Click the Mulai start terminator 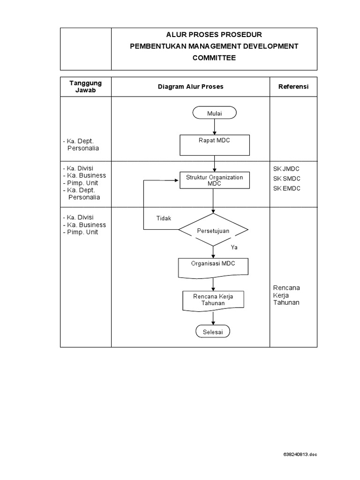pos(214,113)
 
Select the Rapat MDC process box pos(214,145)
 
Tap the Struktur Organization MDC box pos(214,180)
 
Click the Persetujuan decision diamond pos(213,230)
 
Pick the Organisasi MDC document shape pos(213,266)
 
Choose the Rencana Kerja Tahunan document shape pos(213,300)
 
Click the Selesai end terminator pos(213,331)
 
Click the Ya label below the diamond pos(234,247)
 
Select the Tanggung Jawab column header pos(85,87)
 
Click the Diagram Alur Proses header pos(190,87)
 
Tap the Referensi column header pos(293,87)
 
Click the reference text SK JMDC pos(286,169)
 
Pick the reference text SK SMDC pos(286,179)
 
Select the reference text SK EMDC pos(286,188)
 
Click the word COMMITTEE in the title pos(214,58)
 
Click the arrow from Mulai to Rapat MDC pos(214,127)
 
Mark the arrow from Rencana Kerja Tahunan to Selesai pos(213,318)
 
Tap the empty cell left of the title pos(85,49)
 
